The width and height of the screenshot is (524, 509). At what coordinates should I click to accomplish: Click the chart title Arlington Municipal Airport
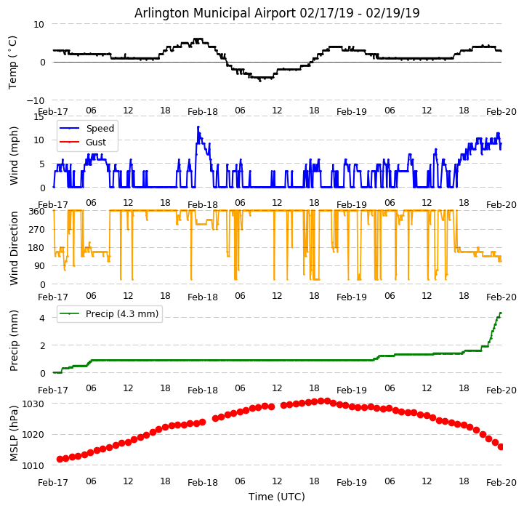click(277, 13)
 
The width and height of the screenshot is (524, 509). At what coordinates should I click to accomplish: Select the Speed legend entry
click(100, 129)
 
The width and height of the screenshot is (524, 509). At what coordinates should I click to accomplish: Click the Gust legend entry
click(97, 143)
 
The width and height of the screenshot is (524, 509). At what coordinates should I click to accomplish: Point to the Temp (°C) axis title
click(13, 62)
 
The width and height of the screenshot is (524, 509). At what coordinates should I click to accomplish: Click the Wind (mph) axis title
click(14, 155)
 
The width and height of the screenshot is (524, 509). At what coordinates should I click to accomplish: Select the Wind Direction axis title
click(14, 248)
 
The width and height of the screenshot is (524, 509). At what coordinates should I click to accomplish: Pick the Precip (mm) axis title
click(14, 341)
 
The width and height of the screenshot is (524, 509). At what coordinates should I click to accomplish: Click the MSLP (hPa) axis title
click(14, 433)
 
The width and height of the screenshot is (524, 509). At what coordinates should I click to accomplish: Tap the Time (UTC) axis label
click(277, 497)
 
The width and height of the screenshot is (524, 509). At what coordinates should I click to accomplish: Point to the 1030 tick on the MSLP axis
click(33, 404)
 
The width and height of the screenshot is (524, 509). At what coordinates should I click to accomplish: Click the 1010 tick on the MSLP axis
click(33, 465)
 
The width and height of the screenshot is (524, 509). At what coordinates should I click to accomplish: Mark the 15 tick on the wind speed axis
click(39, 116)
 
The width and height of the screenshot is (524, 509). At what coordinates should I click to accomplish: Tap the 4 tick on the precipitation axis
click(42, 318)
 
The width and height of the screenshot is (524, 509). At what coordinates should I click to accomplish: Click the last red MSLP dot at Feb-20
click(501, 446)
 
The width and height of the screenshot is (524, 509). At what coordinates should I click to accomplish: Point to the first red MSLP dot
click(60, 459)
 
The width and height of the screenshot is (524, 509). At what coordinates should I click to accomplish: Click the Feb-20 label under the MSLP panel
click(501, 482)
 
